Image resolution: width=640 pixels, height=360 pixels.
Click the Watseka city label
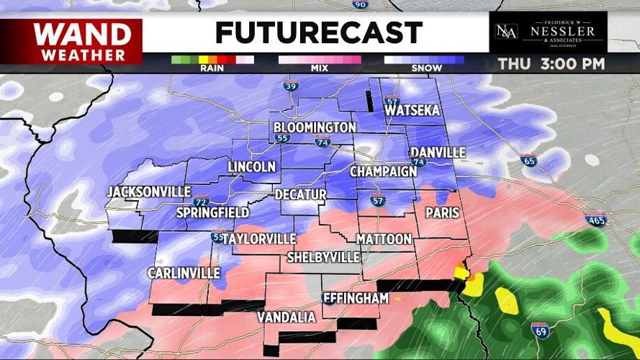(x=412, y=111)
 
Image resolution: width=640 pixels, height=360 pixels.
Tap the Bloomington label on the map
(x=315, y=127)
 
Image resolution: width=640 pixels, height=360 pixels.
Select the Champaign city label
(x=383, y=171)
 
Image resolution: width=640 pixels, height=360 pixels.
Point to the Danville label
(x=438, y=153)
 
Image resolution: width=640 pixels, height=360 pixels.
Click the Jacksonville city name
(x=149, y=192)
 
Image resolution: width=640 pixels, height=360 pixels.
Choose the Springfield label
(x=213, y=212)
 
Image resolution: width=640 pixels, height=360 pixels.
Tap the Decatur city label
(x=300, y=195)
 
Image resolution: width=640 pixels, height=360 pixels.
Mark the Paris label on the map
(x=442, y=212)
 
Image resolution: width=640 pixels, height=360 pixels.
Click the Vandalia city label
(x=287, y=318)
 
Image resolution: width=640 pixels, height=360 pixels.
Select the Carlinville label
(x=184, y=273)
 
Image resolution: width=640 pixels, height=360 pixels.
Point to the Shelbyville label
(x=323, y=257)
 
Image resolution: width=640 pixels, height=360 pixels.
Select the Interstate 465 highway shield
(x=595, y=220)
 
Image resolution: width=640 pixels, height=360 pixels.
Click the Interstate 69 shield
(x=540, y=330)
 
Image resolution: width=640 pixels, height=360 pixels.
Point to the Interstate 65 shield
(x=528, y=160)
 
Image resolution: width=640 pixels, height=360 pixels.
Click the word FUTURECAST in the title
(x=318, y=32)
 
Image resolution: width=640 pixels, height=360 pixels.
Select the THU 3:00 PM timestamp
(x=551, y=63)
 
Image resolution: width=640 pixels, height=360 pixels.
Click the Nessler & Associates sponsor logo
(x=548, y=32)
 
